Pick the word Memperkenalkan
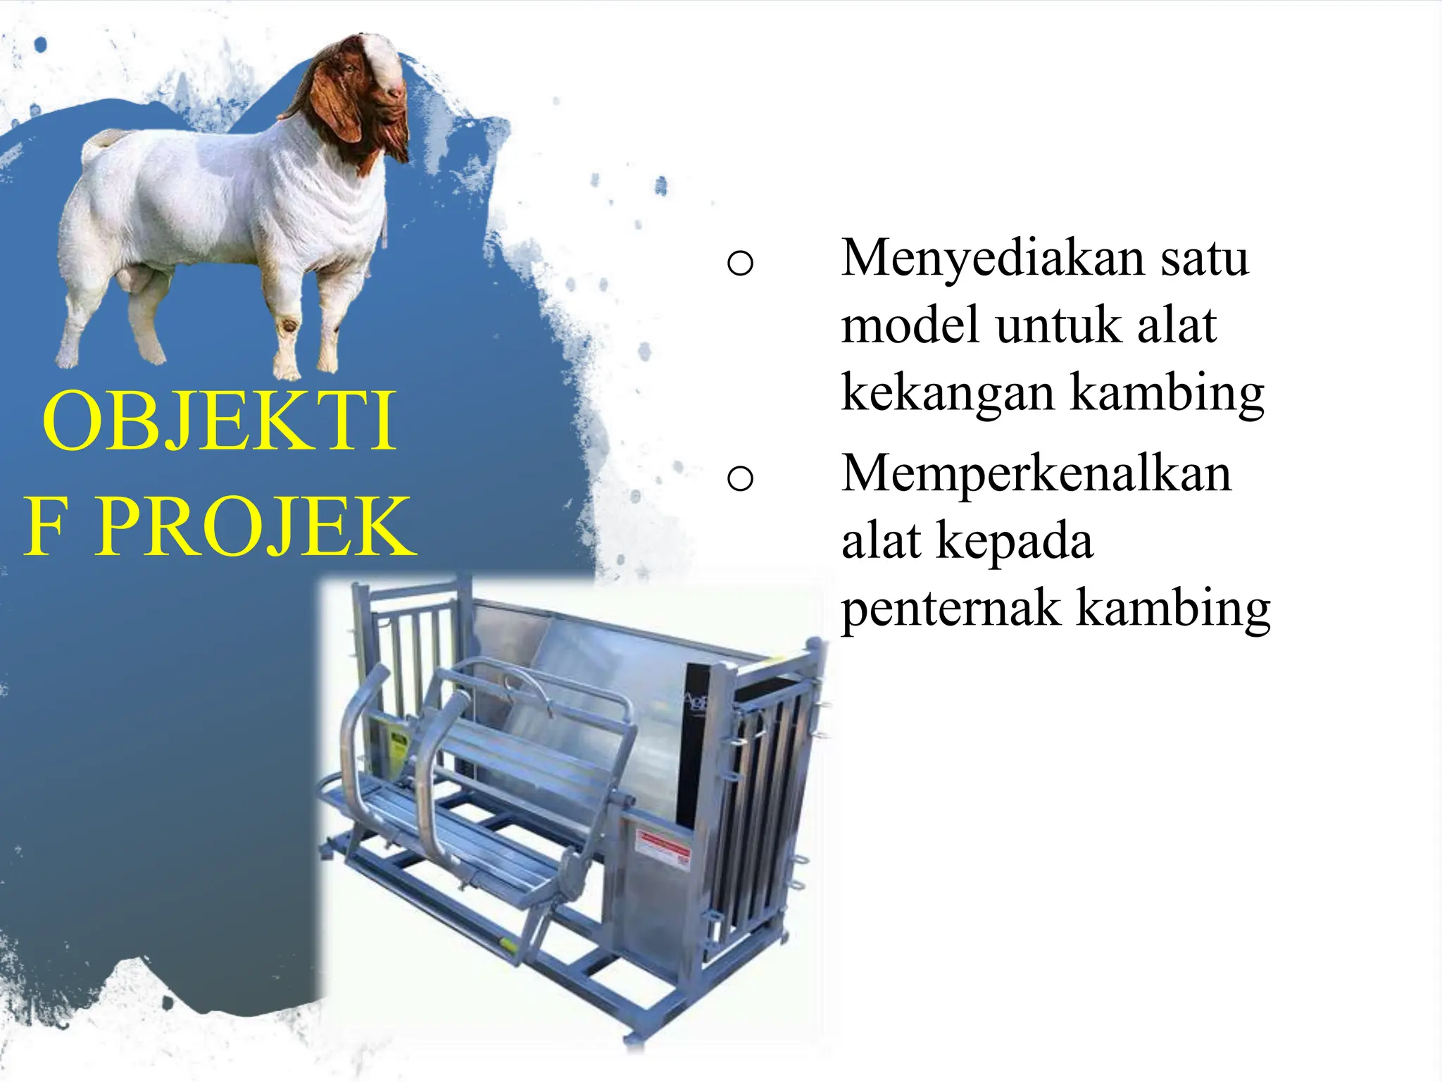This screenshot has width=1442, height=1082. (1036, 473)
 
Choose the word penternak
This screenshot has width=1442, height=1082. (951, 609)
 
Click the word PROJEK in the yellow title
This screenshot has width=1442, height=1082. (256, 527)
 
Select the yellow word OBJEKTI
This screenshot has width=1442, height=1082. (219, 421)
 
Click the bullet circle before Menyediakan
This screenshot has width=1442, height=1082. (740, 263)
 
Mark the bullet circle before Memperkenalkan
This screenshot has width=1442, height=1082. (740, 479)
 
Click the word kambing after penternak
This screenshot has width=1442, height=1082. (1174, 609)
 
